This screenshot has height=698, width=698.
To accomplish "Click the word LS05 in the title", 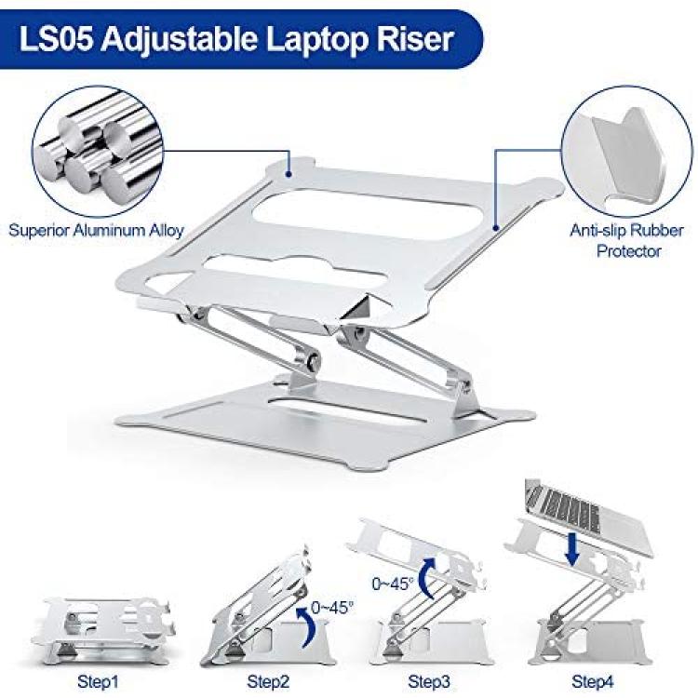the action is click(x=57, y=39).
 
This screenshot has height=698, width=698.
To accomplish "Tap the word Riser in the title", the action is click(x=415, y=39).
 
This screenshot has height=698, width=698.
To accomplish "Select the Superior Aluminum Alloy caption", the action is click(x=96, y=230).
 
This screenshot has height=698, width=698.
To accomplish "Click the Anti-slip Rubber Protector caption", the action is click(x=627, y=240).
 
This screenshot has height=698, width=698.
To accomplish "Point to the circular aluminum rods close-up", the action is click(x=98, y=152).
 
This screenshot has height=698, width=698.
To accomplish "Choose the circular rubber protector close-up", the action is click(x=626, y=152).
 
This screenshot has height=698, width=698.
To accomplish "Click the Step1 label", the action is click(x=98, y=681).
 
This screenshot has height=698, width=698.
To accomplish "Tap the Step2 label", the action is click(x=268, y=681).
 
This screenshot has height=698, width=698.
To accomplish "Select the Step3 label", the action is click(x=429, y=681).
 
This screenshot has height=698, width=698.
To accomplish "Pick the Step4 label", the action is click(x=593, y=681).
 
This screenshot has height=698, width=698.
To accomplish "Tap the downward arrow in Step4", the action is click(x=573, y=549).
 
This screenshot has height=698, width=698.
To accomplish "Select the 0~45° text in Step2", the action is click(x=332, y=607).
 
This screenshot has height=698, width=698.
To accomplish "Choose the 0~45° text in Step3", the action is click(x=393, y=584).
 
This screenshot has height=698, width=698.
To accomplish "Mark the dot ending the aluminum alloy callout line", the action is click(x=289, y=175).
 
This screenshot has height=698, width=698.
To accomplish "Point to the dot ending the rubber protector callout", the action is click(x=496, y=228).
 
